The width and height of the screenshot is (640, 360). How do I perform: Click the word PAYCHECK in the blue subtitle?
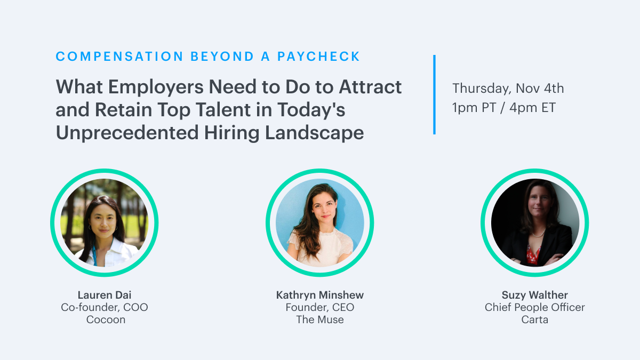[x=318, y=57]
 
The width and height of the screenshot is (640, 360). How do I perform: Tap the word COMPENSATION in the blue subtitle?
[x=119, y=57]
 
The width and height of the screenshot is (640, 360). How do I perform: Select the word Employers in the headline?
[x=156, y=87]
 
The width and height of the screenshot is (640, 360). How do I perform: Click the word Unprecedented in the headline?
[x=127, y=133]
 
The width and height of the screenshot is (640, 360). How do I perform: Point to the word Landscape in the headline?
[x=314, y=133]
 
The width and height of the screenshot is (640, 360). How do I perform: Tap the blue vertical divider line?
[x=434, y=94]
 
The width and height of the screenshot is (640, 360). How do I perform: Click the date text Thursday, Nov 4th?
[x=508, y=89]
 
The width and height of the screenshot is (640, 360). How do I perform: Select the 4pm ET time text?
[x=533, y=108]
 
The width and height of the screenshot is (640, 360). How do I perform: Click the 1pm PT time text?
[x=474, y=108]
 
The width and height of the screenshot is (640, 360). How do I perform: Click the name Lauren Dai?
[x=105, y=295]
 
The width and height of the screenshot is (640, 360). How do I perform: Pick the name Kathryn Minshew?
[x=319, y=295]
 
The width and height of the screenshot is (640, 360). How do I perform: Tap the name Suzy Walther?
[x=534, y=295]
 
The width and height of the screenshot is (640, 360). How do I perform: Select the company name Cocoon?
[x=106, y=319]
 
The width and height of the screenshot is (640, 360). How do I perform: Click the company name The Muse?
[x=319, y=319]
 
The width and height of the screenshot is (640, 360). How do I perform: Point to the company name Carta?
[x=534, y=319]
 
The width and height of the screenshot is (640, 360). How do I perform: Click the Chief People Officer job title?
[x=534, y=307]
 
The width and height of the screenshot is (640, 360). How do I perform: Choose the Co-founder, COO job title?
[x=105, y=307]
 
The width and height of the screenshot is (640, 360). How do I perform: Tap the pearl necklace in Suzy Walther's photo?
[x=538, y=235]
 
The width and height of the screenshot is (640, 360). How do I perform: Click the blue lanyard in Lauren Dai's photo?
[x=94, y=255]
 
